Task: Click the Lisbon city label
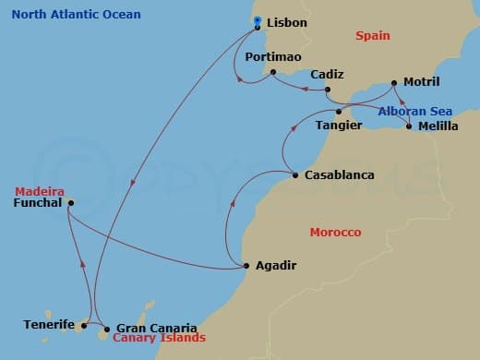287,22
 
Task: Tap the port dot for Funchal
71,202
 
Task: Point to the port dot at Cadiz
327,90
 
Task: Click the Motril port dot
396,82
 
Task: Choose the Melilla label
438,126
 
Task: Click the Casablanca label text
330,175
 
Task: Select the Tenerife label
48,325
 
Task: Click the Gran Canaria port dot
107,328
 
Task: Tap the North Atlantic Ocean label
64,15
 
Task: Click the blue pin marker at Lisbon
258,21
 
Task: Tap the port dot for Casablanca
294,175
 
